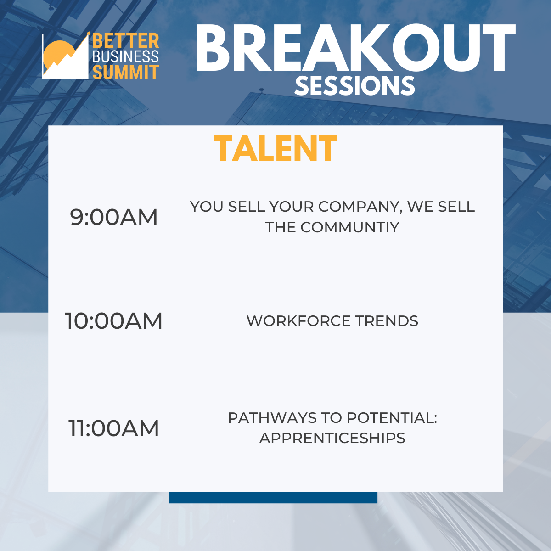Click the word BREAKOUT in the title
[x=355, y=48]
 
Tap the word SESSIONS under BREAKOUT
[x=354, y=85]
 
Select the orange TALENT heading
[x=275, y=148]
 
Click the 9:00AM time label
[x=114, y=217]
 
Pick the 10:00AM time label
[x=114, y=321]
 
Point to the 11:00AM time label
[x=114, y=428]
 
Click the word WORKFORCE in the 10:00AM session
[x=298, y=321]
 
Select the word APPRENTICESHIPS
[x=332, y=438]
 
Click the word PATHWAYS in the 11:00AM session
[x=272, y=418]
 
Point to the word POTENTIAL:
[x=392, y=418]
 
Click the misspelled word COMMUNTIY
[x=350, y=227]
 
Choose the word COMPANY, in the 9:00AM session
[x=360, y=207]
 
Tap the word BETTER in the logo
[x=125, y=41]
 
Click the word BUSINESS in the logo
[x=125, y=56]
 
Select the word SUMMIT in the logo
[x=125, y=72]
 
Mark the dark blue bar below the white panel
[x=273, y=498]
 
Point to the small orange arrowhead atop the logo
[x=88, y=33]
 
